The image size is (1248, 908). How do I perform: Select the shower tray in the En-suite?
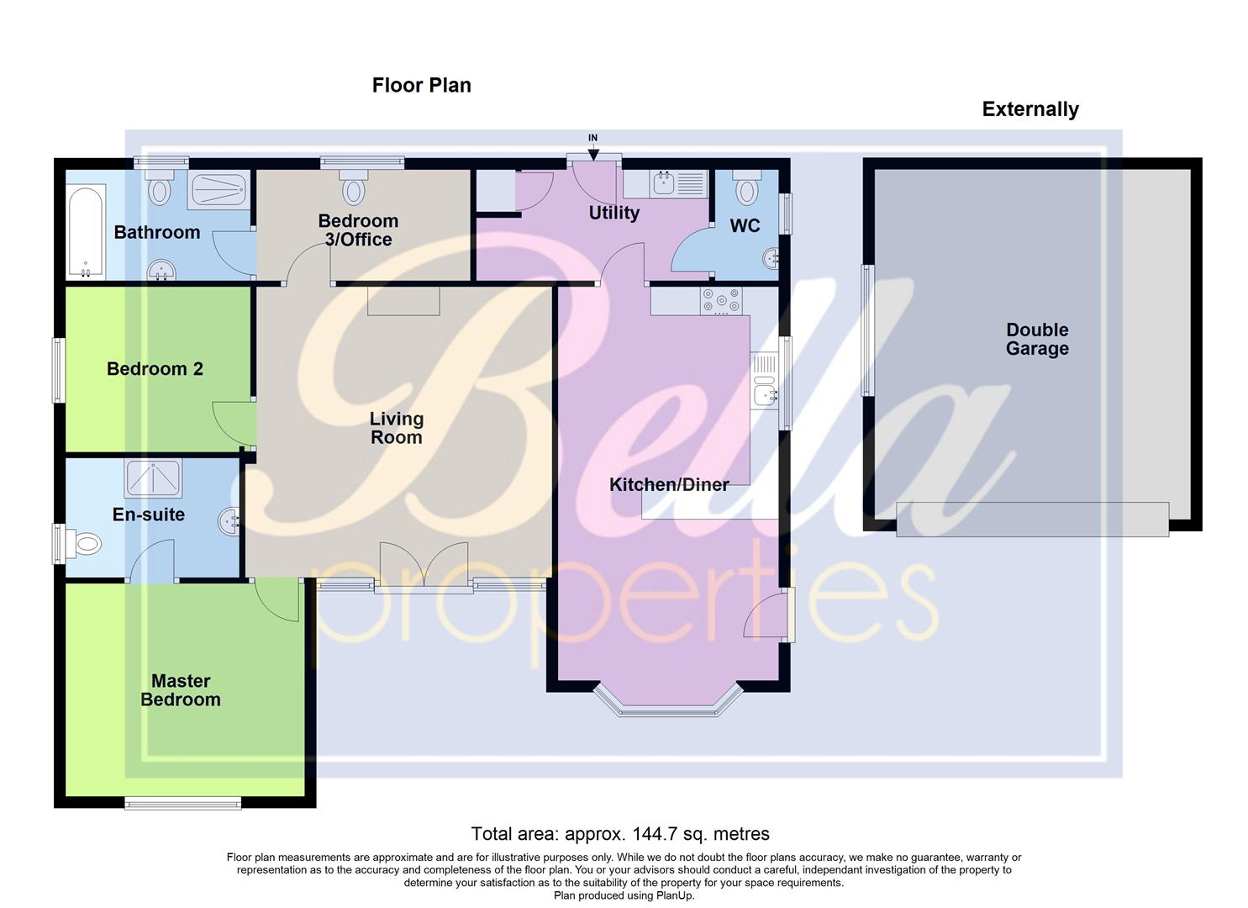pos(153,478)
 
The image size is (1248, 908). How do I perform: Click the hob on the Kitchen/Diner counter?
pos(722,300)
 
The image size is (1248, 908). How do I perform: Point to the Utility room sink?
pos(664,182)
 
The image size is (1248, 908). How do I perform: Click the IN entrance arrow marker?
pos(593,150)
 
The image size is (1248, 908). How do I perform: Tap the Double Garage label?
pos(1037,340)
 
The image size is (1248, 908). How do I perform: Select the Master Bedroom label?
pos(181,690)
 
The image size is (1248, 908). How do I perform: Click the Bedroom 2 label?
pos(155,369)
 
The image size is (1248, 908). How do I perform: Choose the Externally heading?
pos(1030,109)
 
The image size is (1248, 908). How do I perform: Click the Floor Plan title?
pos(421,86)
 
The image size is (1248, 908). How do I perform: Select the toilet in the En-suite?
pos(82,544)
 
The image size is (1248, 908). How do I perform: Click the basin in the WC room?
pos(770,259)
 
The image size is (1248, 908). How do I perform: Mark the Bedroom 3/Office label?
pos(358,230)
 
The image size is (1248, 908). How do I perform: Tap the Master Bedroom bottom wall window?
pos(182,804)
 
